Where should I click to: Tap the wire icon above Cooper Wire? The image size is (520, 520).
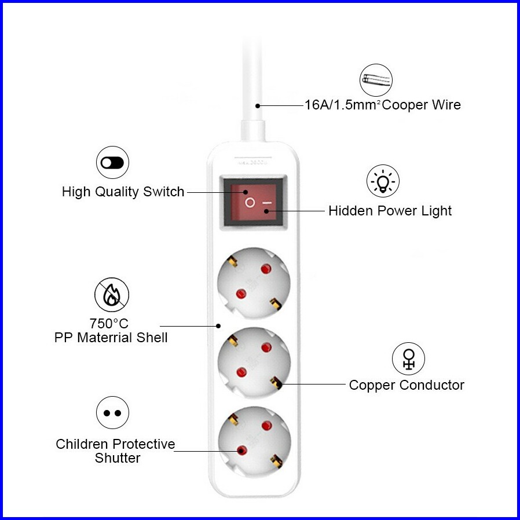click(376, 80)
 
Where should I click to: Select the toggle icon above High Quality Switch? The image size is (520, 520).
click(112, 162)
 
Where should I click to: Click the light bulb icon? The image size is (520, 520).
click(383, 181)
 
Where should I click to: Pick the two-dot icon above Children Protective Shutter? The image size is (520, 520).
click(112, 413)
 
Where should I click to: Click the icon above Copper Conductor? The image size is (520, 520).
click(408, 358)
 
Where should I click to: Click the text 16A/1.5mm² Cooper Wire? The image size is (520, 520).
click(383, 105)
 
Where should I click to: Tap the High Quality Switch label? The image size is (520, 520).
click(123, 192)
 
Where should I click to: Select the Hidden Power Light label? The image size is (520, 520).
click(390, 211)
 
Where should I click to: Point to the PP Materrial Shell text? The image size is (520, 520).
click(111, 338)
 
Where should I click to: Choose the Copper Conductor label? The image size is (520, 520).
click(406, 385)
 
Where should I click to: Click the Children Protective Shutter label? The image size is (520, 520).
click(115, 451)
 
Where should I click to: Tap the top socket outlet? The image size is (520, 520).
click(254, 282)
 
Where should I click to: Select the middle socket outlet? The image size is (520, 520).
click(254, 361)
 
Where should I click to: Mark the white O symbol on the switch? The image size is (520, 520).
click(250, 202)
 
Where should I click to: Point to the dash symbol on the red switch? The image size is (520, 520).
click(267, 203)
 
